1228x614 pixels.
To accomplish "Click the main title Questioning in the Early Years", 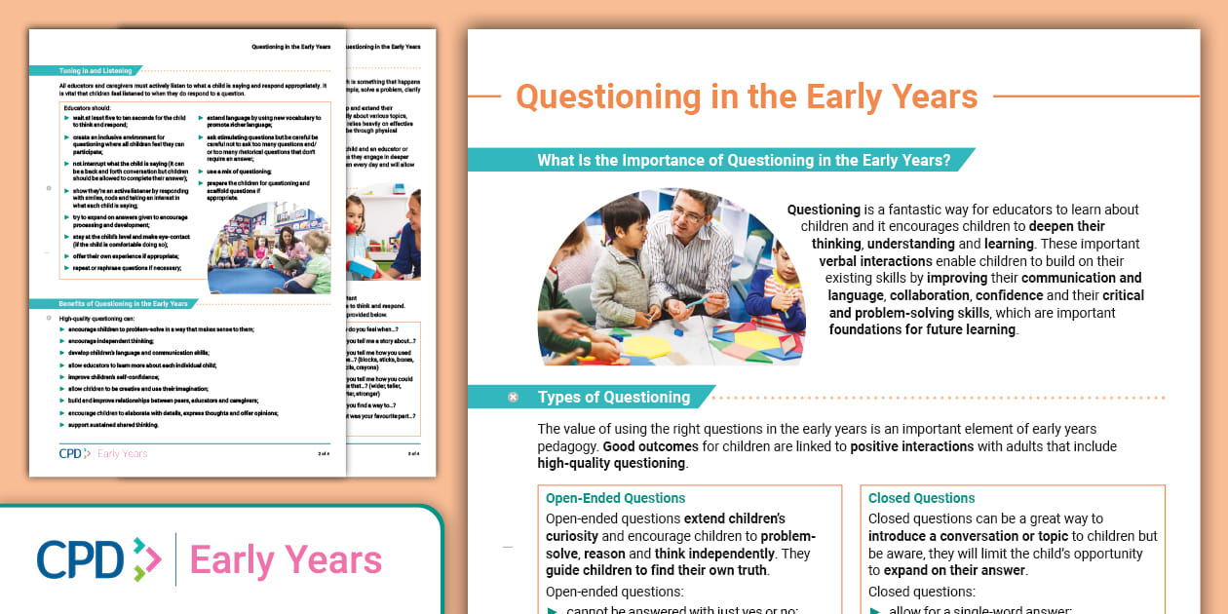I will (746, 97).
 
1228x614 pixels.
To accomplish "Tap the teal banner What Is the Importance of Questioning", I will (744, 161).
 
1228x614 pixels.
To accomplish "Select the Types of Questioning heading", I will (613, 397).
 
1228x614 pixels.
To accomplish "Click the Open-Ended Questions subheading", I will (615, 498).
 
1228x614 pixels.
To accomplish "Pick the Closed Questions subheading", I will (921, 498).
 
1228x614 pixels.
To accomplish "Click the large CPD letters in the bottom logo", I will (80, 559).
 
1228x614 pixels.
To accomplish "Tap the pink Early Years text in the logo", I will (286, 560).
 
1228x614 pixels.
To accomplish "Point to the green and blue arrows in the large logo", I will (146, 560).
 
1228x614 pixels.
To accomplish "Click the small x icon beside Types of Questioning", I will (513, 397).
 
